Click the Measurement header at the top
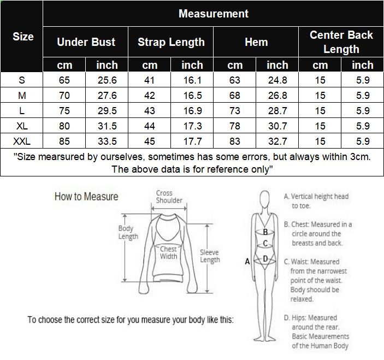pyautogui.click(x=213, y=14)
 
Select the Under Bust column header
pyautogui.click(x=86, y=42)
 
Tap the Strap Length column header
pyautogui.click(x=171, y=42)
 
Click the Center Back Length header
pyautogui.click(x=341, y=42)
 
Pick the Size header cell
pyautogui.click(x=22, y=37)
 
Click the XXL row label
pyautogui.click(x=22, y=141)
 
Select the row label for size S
pyautogui.click(x=22, y=80)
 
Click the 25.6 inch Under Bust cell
pyautogui.click(x=107, y=80)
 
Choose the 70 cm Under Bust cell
pyautogui.click(x=64, y=96)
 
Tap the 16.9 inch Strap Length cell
pyautogui.click(x=192, y=111)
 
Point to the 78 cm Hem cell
pyautogui.click(x=235, y=126)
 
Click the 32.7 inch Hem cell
pyautogui.click(x=277, y=141)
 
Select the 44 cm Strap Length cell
pyautogui.click(x=150, y=126)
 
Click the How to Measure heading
pyautogui.click(x=86, y=197)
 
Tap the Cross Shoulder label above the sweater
pyautogui.click(x=169, y=197)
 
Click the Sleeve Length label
pyautogui.click(x=210, y=256)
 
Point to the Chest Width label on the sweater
pyautogui.click(x=168, y=252)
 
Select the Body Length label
pyautogui.click(x=126, y=233)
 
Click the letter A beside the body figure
pyautogui.click(x=247, y=262)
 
